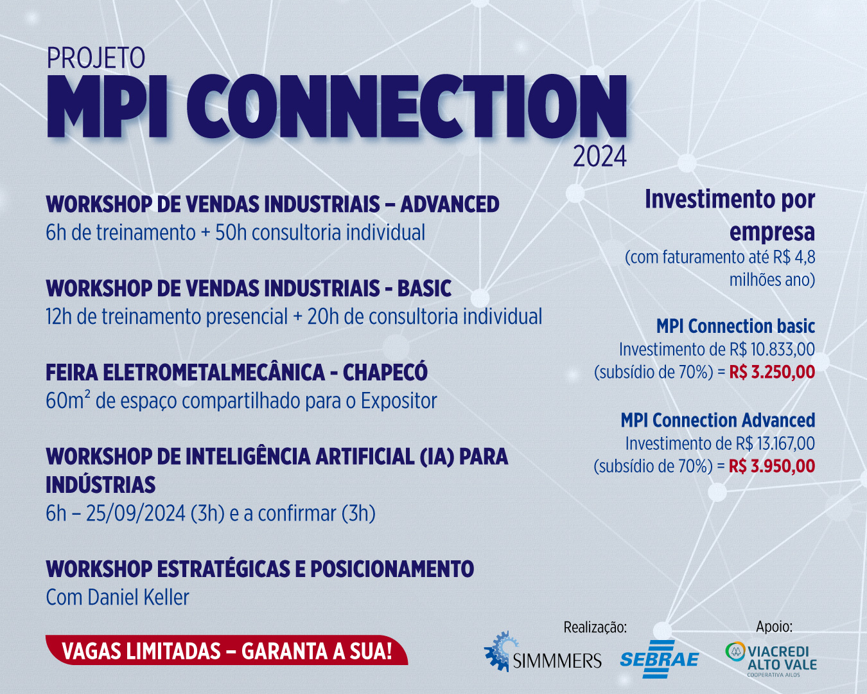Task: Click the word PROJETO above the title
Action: [96, 58]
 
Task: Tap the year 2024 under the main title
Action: [599, 156]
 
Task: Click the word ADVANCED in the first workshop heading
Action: [450, 204]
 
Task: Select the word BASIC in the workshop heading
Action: [425, 289]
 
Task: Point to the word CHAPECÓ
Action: [385, 372]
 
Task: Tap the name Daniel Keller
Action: [138, 598]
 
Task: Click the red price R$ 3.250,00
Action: [773, 372]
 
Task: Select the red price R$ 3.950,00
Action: [772, 466]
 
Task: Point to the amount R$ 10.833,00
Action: [773, 350]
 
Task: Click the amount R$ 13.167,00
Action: [776, 443]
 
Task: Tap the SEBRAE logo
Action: [659, 659]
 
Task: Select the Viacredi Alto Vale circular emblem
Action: [735, 652]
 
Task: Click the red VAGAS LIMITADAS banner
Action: [227, 651]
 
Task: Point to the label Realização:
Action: [595, 627]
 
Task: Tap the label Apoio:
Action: [774, 627]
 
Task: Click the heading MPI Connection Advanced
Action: [718, 420]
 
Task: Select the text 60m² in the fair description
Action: [67, 400]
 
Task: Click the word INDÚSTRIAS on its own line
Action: [101, 485]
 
